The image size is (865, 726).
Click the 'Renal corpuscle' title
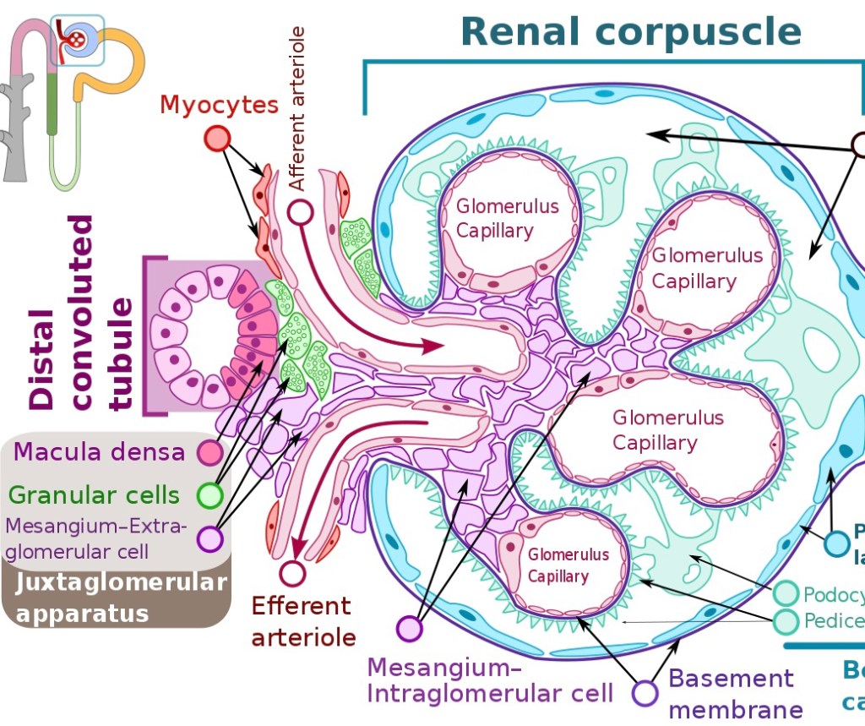coord(631,31)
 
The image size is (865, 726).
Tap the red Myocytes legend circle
coord(217,139)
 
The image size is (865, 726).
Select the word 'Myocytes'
coord(219,106)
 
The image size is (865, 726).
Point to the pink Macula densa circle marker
coord(209,453)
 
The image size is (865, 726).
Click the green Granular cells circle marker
coord(209,495)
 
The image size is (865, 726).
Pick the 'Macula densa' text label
coord(101,452)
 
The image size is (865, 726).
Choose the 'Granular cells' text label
coord(94,495)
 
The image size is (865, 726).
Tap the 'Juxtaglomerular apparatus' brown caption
coord(121,598)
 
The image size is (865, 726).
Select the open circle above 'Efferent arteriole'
coord(292,573)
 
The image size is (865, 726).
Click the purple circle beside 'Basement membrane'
coord(646,693)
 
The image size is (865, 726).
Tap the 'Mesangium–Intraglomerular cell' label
coord(490,681)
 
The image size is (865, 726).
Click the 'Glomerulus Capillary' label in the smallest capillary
coord(569,565)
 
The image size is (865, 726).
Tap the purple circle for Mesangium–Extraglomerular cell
coord(209,538)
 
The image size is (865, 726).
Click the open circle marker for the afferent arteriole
coord(300,211)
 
